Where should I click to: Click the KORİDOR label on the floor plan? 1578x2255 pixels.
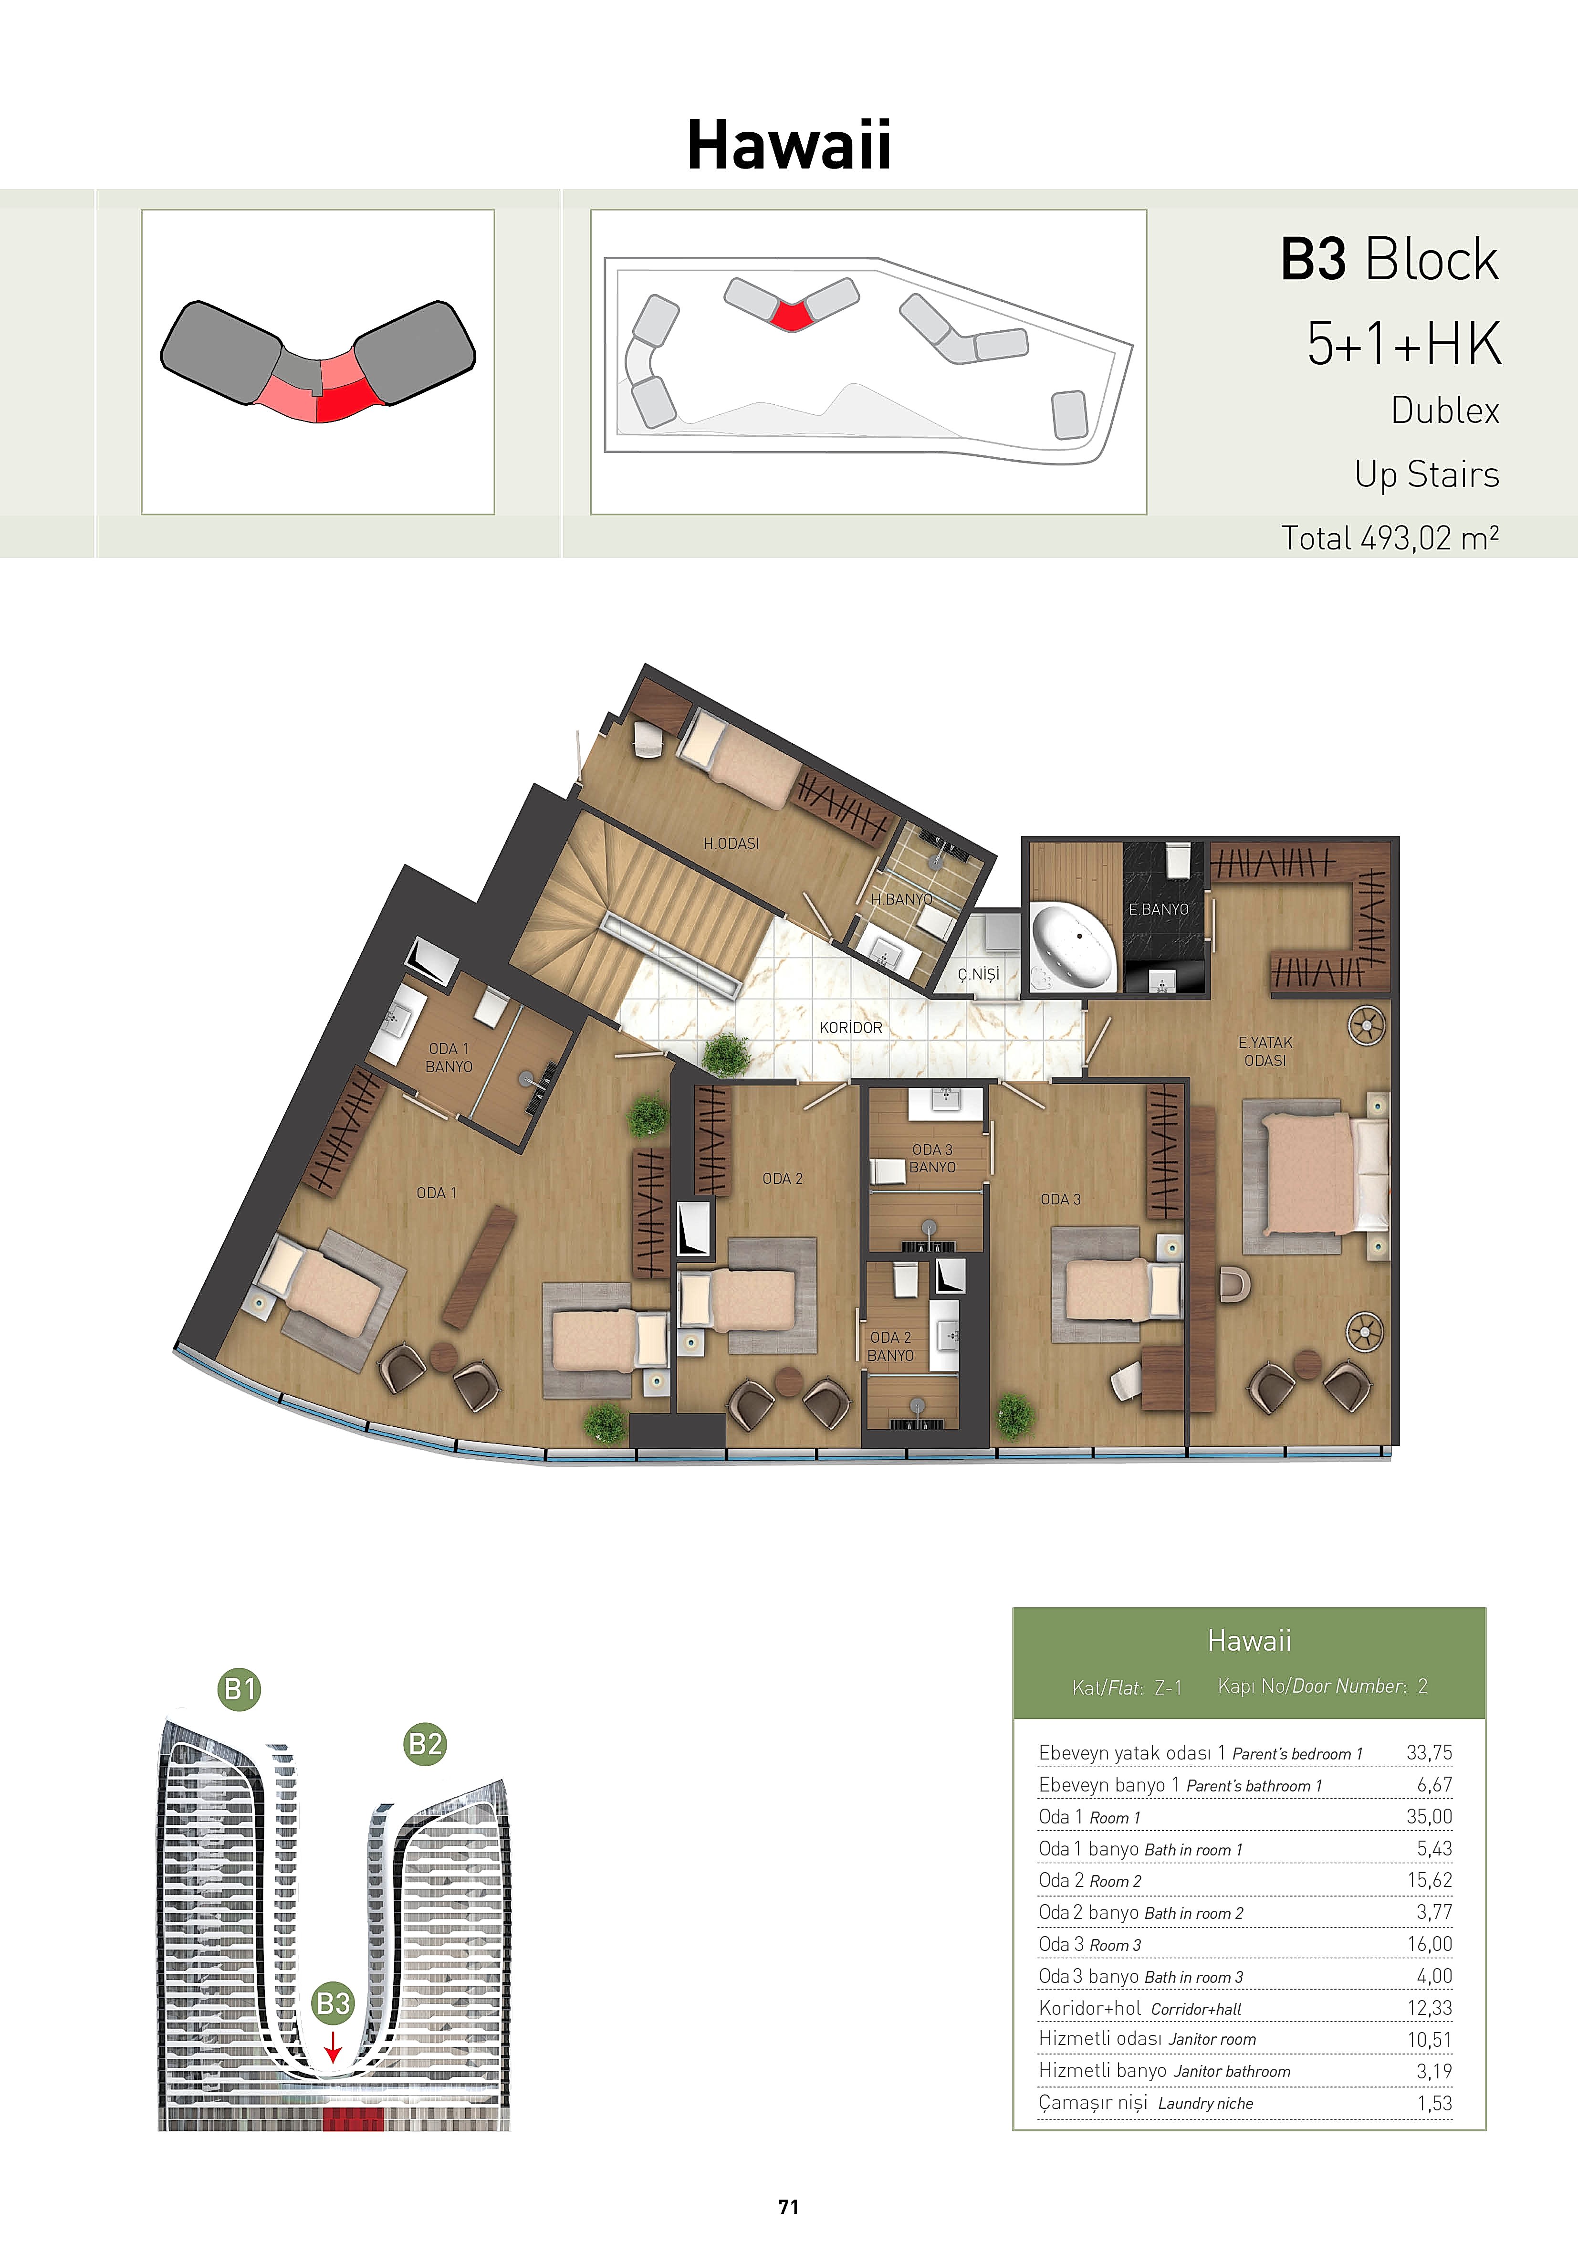[850, 1027]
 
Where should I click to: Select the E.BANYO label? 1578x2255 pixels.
[1159, 909]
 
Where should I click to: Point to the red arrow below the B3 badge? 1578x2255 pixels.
[333, 2048]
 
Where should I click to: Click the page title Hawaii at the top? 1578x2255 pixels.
[788, 144]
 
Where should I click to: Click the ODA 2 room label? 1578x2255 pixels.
[783, 1179]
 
